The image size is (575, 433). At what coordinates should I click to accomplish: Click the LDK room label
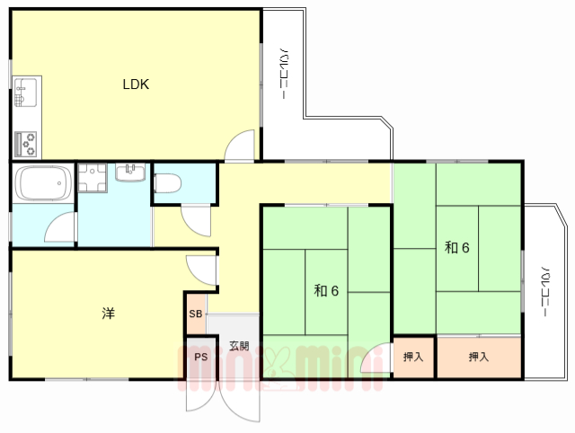[x=136, y=84]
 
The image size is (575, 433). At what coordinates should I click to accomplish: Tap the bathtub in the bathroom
[x=43, y=183]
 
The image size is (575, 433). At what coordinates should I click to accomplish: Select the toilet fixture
[x=167, y=183]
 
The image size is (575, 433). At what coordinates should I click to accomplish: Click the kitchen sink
[x=25, y=93]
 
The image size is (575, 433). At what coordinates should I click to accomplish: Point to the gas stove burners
[x=25, y=144]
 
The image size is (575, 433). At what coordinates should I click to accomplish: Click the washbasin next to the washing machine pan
[x=130, y=172]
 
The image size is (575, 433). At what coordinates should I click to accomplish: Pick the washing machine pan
[x=92, y=178]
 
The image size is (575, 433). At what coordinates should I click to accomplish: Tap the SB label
[x=196, y=314]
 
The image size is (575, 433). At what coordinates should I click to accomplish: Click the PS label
[x=201, y=357]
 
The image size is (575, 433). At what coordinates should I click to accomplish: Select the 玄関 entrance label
[x=239, y=346]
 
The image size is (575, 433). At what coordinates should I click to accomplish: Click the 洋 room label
[x=108, y=314]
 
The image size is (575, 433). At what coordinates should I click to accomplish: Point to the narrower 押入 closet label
[x=413, y=357]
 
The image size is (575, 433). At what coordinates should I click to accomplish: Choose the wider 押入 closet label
[x=479, y=357]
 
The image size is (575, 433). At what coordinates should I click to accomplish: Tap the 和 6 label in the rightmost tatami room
[x=457, y=247]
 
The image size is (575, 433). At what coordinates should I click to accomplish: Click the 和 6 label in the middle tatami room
[x=326, y=291]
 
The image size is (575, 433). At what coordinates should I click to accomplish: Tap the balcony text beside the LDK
[x=284, y=74]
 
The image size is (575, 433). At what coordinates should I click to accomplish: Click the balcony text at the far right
[x=545, y=291]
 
